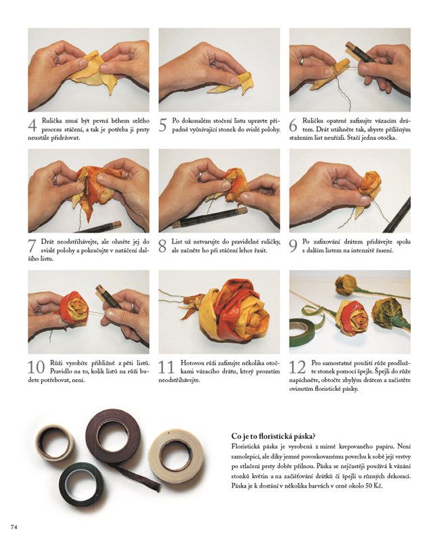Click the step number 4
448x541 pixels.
point(32,125)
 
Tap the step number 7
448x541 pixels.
point(32,246)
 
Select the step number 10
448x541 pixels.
point(37,367)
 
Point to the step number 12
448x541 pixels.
point(298,367)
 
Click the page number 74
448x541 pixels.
point(14,527)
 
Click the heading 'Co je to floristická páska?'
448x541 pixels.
point(273,436)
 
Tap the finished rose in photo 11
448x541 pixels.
point(235,312)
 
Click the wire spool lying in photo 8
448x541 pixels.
point(210,218)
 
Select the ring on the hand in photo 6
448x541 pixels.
point(302,61)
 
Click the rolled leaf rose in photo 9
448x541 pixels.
point(370,184)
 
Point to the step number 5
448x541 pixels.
point(162,125)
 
